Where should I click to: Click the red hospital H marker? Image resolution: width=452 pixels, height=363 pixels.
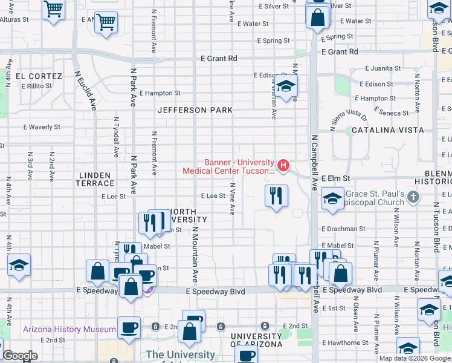click(x=282, y=165)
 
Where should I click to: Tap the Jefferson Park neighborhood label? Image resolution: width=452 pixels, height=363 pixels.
click(x=195, y=110)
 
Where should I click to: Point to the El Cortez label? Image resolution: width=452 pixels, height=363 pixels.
click(x=39, y=76)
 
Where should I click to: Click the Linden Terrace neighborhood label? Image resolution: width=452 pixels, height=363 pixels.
click(x=96, y=178)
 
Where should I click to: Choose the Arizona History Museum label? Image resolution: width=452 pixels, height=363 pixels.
click(x=69, y=329)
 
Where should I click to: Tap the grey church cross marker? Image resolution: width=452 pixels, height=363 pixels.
click(x=413, y=197)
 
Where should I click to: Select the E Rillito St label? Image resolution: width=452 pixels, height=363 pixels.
click(x=38, y=86)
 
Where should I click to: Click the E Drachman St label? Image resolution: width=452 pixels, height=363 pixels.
click(x=343, y=229)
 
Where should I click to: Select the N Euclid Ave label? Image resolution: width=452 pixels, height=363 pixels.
click(x=85, y=91)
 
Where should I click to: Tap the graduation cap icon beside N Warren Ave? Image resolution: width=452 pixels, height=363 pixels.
click(x=286, y=86)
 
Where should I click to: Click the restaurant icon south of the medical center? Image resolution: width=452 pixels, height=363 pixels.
click(x=276, y=196)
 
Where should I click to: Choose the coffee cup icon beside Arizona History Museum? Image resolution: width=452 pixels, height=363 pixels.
click(x=129, y=327)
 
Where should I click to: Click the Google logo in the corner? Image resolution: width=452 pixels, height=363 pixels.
click(x=21, y=356)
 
